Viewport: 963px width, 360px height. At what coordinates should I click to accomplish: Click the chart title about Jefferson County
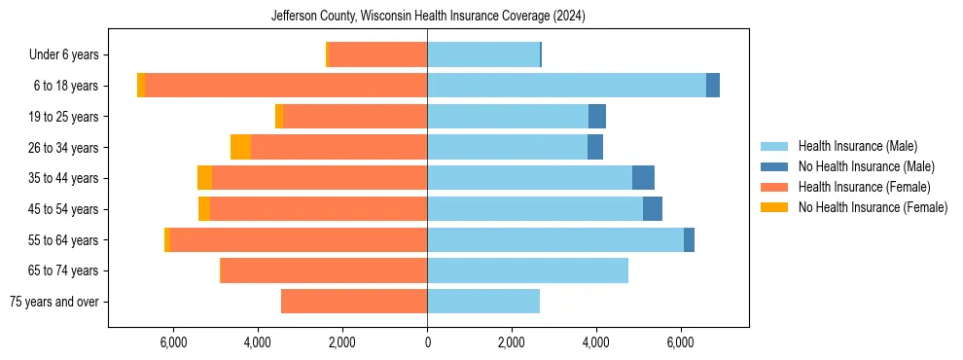click(x=427, y=17)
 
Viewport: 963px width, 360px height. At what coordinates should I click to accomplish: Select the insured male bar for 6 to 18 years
click(x=566, y=86)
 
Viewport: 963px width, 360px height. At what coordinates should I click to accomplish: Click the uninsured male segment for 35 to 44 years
click(x=643, y=178)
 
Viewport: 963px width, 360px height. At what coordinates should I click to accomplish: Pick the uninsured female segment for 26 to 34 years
click(x=240, y=147)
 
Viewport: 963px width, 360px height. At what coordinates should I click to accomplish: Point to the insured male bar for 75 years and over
click(x=483, y=302)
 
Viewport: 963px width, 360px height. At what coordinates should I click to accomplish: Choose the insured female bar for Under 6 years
click(x=377, y=54)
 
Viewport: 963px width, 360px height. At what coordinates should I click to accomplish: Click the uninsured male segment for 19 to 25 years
click(x=597, y=117)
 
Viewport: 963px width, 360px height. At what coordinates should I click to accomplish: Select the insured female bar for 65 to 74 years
click(x=324, y=270)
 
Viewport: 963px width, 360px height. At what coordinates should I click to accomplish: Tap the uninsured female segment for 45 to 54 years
click(x=204, y=209)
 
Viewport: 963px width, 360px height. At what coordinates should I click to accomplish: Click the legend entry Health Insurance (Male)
click(x=857, y=146)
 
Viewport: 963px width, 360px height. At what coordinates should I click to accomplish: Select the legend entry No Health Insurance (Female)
click(x=873, y=207)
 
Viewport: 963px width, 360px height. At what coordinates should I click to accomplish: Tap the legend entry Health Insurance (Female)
click(x=864, y=187)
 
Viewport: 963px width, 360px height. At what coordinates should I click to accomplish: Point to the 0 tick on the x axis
click(x=427, y=342)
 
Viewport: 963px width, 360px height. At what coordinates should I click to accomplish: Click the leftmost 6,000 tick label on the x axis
click(x=173, y=342)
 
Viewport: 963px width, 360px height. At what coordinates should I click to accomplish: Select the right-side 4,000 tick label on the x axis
click(x=596, y=342)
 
